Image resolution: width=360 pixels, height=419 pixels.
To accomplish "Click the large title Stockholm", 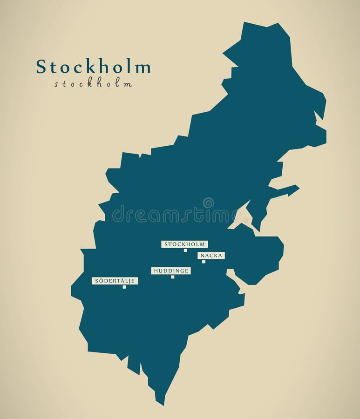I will [93, 67].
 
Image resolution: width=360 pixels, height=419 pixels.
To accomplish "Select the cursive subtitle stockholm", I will [93, 84].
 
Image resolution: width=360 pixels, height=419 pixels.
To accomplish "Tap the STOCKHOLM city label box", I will [184, 244].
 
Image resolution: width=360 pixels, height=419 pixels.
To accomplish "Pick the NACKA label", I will [211, 256].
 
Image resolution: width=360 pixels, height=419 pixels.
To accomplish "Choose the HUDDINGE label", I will [171, 270].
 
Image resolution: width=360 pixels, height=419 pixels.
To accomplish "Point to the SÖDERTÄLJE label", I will [115, 281].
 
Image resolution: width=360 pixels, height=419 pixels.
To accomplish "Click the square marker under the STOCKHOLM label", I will [185, 250].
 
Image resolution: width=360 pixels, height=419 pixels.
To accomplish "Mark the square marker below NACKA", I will [204, 262].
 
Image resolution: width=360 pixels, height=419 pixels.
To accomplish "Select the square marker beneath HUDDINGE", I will [172, 277].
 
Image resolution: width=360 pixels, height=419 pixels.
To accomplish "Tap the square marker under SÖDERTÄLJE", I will [124, 287].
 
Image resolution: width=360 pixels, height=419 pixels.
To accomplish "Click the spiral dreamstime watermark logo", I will [208, 203].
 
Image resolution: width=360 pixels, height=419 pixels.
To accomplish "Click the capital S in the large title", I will [41, 67].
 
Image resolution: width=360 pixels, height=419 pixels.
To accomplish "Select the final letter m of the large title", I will [144, 68].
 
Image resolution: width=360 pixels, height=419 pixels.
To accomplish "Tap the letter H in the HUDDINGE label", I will [155, 270].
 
